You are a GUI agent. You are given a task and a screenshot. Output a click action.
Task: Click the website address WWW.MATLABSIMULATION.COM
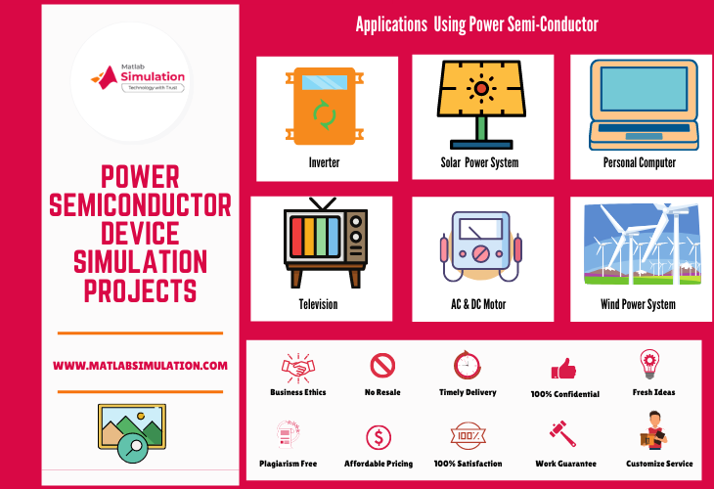tap(140, 365)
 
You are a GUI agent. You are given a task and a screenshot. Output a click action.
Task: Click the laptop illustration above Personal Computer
tap(639, 103)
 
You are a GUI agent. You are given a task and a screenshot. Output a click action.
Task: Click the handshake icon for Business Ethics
tap(297, 367)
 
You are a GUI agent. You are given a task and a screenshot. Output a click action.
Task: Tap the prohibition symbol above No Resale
tap(382, 366)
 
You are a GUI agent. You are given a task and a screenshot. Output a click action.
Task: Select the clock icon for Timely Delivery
tap(467, 366)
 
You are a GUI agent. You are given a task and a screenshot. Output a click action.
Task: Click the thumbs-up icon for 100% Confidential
tap(563, 369)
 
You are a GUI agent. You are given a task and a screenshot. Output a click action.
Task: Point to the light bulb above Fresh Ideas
tap(648, 364)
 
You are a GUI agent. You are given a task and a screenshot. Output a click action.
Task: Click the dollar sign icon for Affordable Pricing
tap(379, 436)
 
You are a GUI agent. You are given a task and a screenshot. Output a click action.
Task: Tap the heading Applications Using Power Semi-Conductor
tap(476, 23)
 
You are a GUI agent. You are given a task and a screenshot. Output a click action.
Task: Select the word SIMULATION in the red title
tap(141, 262)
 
